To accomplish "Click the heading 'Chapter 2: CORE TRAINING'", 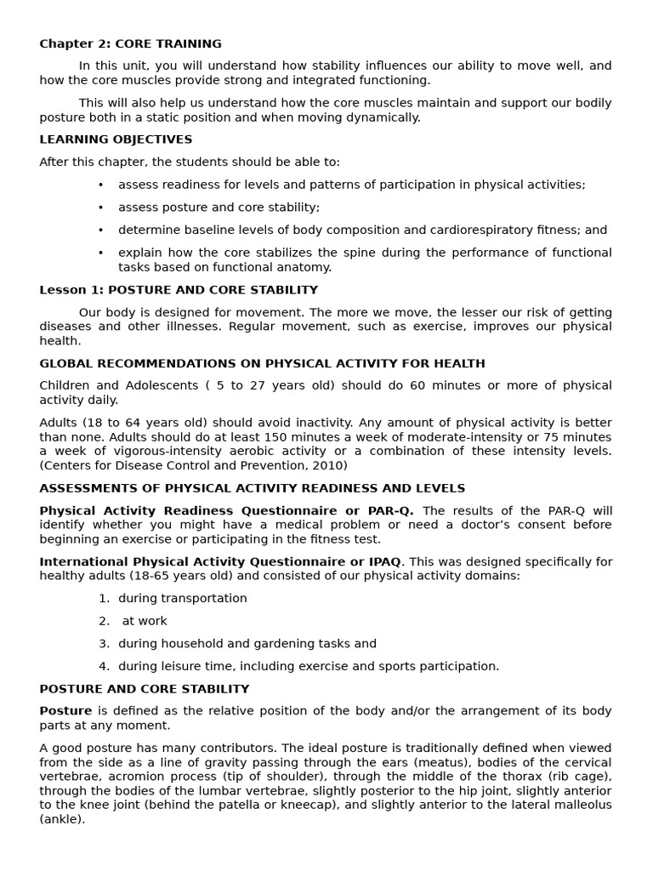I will pyautogui.click(x=130, y=43).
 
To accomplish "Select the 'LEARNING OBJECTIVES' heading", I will pyautogui.click(x=116, y=139).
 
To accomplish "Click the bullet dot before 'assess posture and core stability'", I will pyautogui.click(x=100, y=208).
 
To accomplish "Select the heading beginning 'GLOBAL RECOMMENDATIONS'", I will pyautogui.click(x=262, y=364).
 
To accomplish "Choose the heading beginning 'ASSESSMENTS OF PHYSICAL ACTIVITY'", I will pyautogui.click(x=252, y=488).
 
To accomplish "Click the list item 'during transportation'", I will pyautogui.click(x=182, y=599).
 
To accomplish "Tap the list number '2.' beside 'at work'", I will pyautogui.click(x=104, y=621).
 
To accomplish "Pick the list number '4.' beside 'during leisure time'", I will pyautogui.click(x=104, y=667).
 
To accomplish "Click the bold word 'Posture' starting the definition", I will pyautogui.click(x=65, y=711).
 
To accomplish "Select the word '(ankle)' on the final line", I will pyautogui.click(x=62, y=820).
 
